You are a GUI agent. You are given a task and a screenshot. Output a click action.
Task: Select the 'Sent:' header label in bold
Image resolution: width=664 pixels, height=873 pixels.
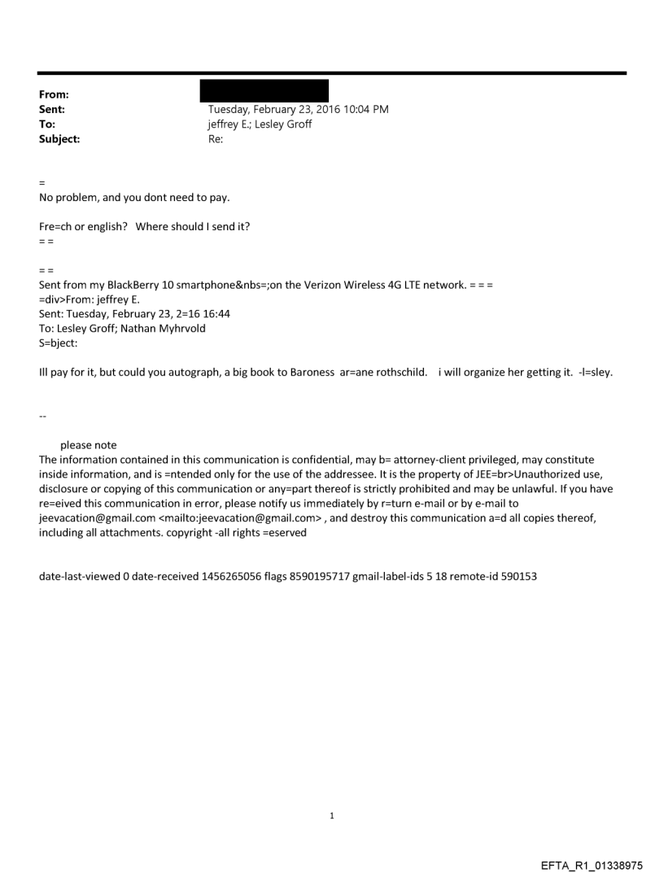point(54,109)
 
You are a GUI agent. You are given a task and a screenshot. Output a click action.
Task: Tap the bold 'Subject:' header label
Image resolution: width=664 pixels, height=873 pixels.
point(59,139)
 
